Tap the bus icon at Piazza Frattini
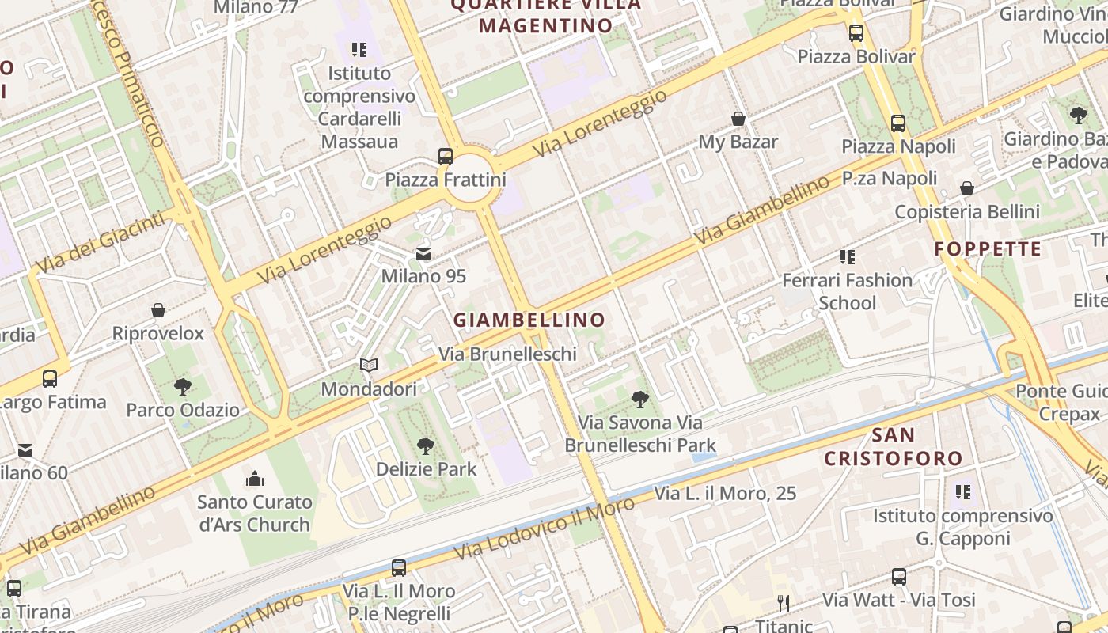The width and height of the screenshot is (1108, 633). pos(446,156)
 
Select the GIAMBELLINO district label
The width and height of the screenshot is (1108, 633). pos(529,320)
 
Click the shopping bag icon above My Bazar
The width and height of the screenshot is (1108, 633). pos(738,119)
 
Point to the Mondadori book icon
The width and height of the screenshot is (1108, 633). pos(369,365)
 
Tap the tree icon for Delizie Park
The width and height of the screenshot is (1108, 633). pos(426,445)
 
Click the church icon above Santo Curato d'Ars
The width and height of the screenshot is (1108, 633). pos(254,478)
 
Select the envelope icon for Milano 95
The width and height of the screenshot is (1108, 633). pos(423,254)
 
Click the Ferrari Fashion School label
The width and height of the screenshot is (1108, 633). pos(847,291)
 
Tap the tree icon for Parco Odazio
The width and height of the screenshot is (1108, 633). pos(183,387)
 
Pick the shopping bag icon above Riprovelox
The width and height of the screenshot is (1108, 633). pos(158,310)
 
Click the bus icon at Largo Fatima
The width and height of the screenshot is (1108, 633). pos(50,378)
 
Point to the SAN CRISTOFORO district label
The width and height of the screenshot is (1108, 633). pos(894,446)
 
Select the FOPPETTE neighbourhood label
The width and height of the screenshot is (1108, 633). pos(988,249)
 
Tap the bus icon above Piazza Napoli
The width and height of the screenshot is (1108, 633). pos(898,123)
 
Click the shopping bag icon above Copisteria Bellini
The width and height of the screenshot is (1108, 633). pos(967,188)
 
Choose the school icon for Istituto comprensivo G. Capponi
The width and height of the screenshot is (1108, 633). pos(962,492)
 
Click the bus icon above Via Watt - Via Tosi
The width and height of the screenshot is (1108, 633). pos(899,576)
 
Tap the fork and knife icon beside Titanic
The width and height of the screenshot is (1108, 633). pos(784,604)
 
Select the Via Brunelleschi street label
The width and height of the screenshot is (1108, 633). pos(507,354)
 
